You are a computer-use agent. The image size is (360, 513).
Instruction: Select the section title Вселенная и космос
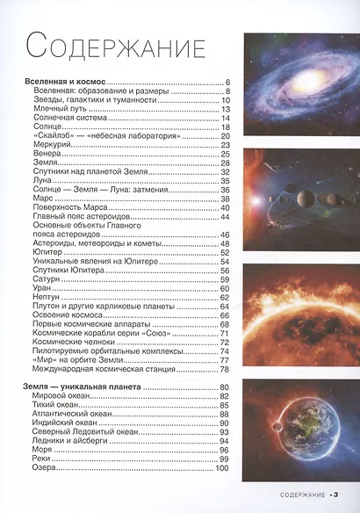pos(66,82)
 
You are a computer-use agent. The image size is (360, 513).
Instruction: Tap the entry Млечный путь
pos(60,109)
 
